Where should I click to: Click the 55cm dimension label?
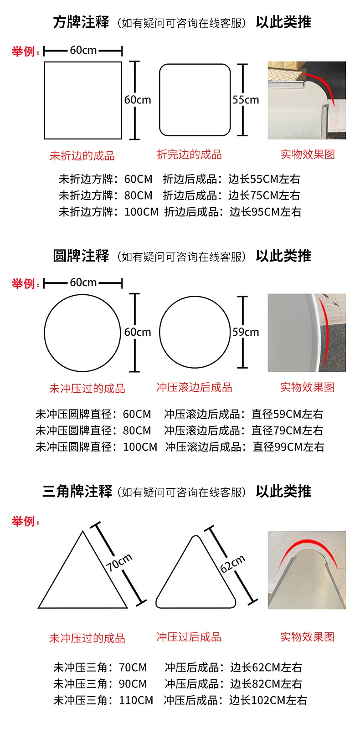[x=246, y=100]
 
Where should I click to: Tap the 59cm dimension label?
[x=246, y=332]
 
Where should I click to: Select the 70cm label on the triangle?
[x=119, y=562]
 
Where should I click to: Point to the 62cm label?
[x=232, y=564]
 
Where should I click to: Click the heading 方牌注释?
[x=81, y=22]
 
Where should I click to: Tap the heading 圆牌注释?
[x=81, y=256]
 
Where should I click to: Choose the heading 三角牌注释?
[x=77, y=491]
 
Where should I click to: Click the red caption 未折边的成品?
[x=82, y=156]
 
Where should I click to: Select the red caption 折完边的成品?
[x=190, y=154]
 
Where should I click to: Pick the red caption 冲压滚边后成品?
[x=194, y=387]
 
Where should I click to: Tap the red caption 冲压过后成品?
[x=189, y=637]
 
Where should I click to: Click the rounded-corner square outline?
[x=159, y=100]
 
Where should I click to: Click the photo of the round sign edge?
[x=307, y=333]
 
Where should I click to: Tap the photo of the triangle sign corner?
[x=307, y=570]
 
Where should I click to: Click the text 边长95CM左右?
[x=265, y=212]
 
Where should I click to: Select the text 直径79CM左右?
[x=287, y=431]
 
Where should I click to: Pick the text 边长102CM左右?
[x=268, y=700]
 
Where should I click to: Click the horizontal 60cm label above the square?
[x=83, y=50]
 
